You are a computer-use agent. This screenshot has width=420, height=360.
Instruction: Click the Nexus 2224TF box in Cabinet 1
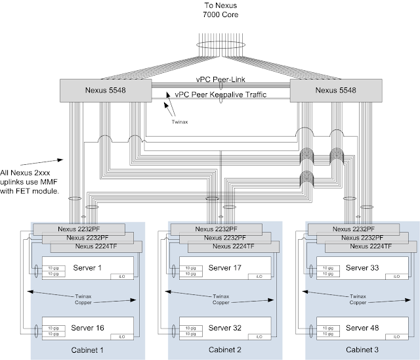(96, 246)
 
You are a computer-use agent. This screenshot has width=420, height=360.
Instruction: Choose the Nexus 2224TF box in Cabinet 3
(371, 246)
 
